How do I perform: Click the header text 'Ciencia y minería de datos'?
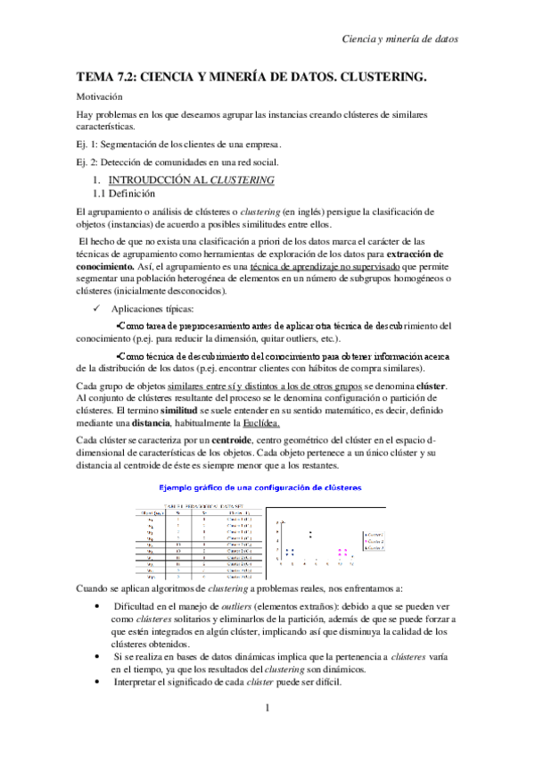point(401,39)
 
